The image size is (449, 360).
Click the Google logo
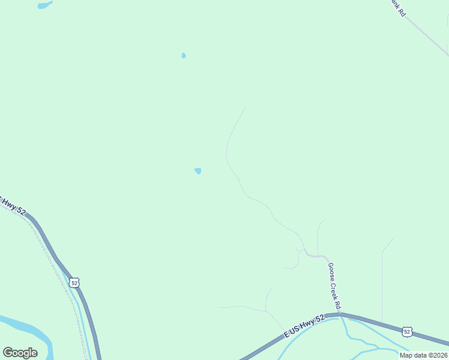coord(20,353)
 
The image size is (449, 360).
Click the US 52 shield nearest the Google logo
coord(74,282)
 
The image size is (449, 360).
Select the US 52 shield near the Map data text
coord(407,331)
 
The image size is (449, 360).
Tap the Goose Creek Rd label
coord(334,286)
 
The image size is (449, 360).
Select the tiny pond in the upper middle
coord(184,56)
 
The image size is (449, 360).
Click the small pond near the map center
coord(197,171)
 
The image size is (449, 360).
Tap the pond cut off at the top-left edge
coord(44,5)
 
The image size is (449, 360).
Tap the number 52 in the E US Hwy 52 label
coord(320,319)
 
